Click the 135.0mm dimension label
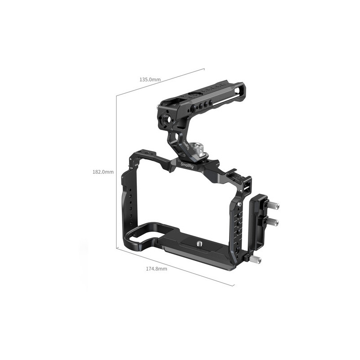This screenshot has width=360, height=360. coord(150,80)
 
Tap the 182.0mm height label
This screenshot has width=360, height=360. coord(103,172)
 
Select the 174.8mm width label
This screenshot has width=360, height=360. coord(157,269)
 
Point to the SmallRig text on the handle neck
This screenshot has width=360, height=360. coord(185,145)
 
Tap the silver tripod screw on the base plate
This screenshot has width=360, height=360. coord(198,243)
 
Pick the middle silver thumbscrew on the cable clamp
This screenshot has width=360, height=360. coord(273,222)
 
